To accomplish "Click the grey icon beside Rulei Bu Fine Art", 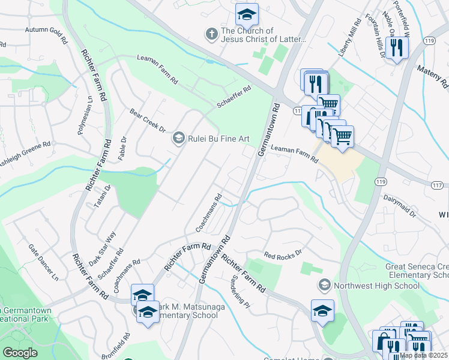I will tap(178, 139).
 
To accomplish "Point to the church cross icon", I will tap(211, 35).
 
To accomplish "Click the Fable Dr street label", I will tap(124, 145).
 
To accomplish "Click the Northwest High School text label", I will tap(376, 285).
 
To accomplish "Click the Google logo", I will tap(20, 352).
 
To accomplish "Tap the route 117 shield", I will tap(438, 185).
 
